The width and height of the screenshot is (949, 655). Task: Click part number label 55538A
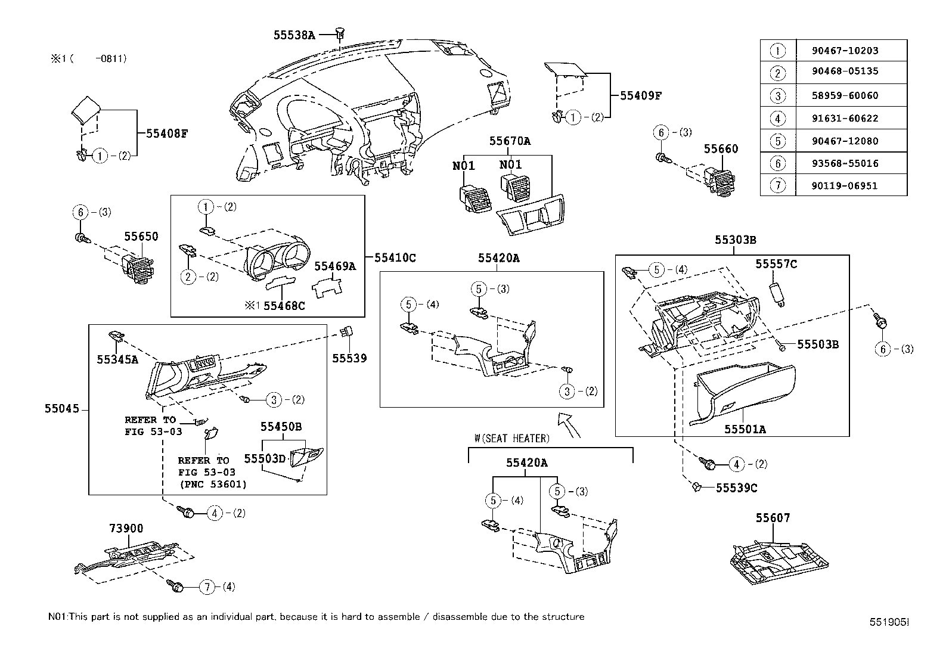tap(294, 35)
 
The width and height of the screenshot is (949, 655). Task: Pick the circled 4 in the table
tap(778, 119)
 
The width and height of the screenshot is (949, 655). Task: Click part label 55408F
tap(167, 134)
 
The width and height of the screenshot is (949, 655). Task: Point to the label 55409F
tap(641, 95)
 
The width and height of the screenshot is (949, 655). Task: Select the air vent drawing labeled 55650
tap(138, 267)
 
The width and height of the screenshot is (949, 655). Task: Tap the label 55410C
tap(395, 257)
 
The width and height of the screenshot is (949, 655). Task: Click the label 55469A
tap(335, 266)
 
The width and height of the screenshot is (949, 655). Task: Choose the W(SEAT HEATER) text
tap(511, 438)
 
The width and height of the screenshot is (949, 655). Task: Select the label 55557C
tap(776, 264)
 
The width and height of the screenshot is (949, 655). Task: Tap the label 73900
tap(126, 529)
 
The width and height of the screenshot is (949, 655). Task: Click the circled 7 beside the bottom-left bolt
tap(207, 587)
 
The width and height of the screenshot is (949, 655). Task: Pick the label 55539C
tap(736, 488)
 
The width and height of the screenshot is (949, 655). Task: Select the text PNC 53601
tap(213, 484)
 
